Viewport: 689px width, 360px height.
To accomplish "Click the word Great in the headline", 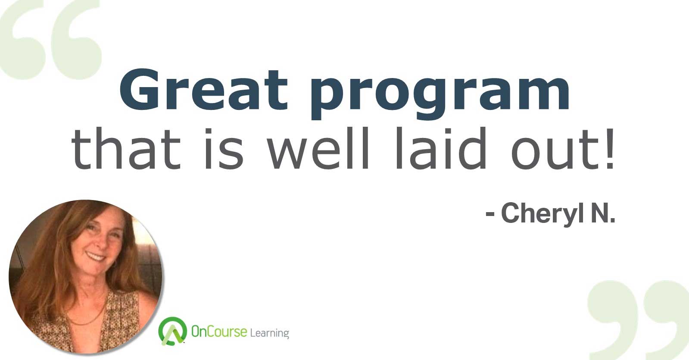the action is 204,90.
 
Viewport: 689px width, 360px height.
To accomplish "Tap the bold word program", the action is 440,94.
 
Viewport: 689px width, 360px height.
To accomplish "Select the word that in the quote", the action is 126,148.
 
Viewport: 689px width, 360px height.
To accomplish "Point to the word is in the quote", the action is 224,149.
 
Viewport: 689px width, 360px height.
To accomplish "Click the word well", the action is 318,148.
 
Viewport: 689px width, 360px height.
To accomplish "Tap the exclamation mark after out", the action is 610,149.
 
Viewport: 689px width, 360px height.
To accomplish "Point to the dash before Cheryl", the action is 490,214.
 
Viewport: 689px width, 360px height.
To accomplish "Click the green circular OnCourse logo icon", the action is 172,330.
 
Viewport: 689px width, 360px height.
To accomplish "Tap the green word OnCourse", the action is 219,332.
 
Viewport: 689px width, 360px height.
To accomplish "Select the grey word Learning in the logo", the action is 269,333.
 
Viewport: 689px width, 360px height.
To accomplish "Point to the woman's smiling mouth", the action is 96,256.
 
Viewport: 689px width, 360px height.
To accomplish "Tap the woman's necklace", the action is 87,317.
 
